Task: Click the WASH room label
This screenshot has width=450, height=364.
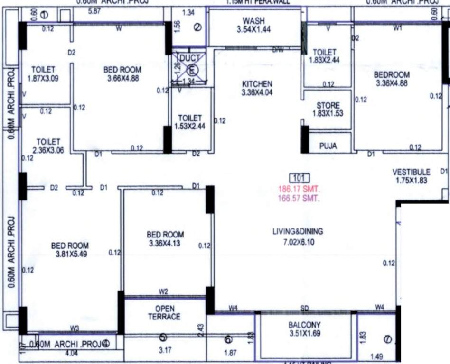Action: coord(253,21)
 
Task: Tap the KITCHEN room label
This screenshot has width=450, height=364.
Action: coord(257,83)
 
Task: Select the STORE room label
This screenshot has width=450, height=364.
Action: coord(328,105)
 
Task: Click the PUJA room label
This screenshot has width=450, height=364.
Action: coord(328,146)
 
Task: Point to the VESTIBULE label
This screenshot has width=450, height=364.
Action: coord(411,172)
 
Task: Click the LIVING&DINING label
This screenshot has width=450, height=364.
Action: coord(298,232)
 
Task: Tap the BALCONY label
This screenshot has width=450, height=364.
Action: coord(304,325)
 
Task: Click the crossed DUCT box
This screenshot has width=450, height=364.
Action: coord(189,69)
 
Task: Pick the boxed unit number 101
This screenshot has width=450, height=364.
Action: coord(299,179)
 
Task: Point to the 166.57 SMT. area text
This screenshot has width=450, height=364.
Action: coord(299,198)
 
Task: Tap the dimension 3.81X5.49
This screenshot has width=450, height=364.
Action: coord(70,255)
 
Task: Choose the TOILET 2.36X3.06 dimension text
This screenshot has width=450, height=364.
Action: coord(48,150)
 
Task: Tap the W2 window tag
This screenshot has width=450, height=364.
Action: coord(164,291)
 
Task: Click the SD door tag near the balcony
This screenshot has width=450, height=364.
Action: coord(305,309)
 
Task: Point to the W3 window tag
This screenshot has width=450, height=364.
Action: coord(75,328)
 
